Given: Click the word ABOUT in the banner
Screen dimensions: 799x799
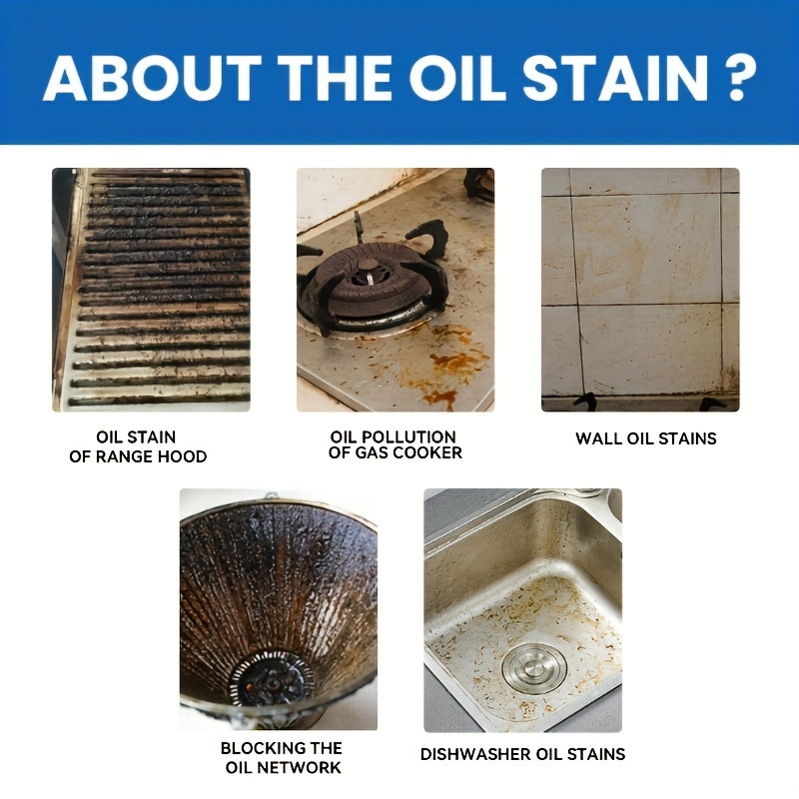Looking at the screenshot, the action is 152,78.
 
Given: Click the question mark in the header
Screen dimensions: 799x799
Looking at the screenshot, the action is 740,78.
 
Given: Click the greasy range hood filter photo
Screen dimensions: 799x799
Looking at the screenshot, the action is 151,290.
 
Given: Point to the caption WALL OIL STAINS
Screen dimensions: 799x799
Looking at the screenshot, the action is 645,438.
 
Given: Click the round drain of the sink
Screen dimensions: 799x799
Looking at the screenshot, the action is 534,667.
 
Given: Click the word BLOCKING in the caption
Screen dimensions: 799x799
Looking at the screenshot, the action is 257,748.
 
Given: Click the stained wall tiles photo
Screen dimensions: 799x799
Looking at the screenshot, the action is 640,290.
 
